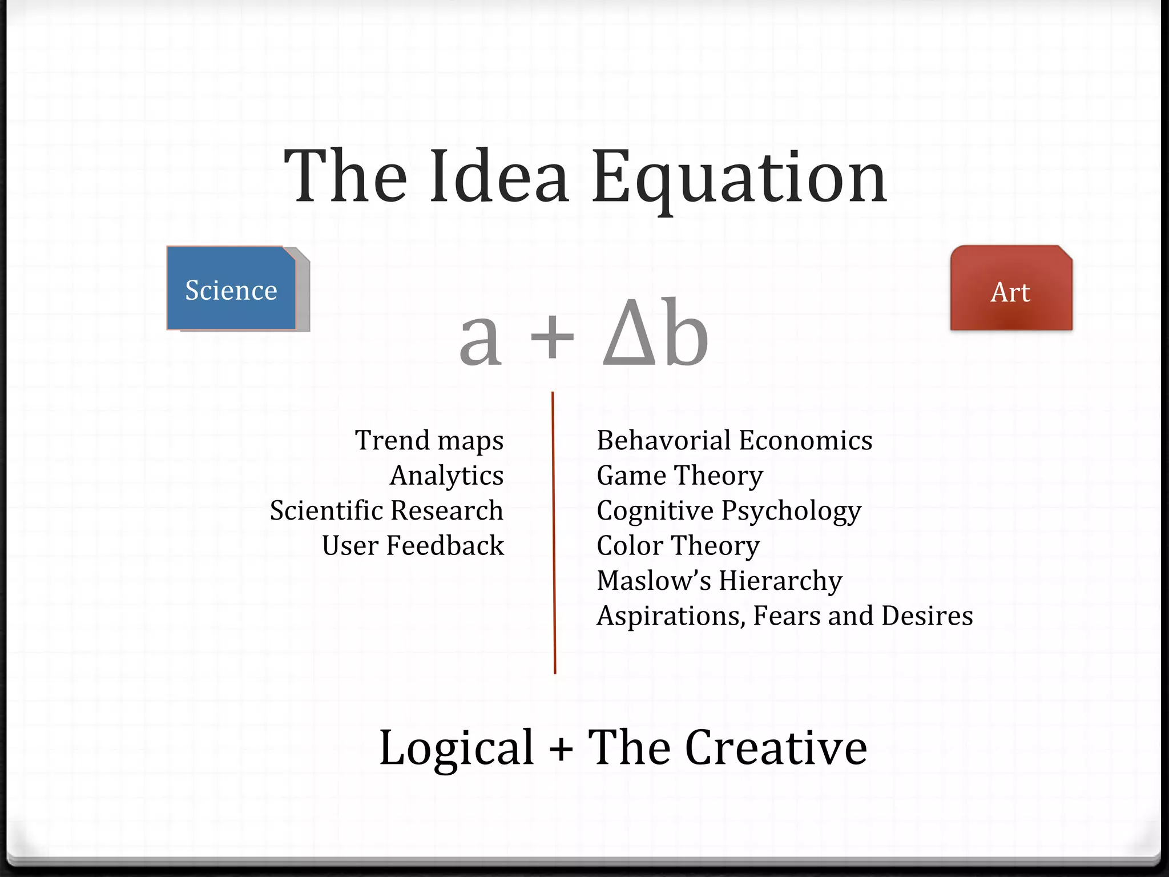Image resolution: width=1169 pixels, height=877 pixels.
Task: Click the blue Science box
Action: [231, 288]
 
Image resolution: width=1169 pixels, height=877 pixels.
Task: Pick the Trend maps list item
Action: [429, 441]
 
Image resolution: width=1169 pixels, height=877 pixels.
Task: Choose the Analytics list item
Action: [446, 476]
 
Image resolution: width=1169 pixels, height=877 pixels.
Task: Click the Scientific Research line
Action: [386, 510]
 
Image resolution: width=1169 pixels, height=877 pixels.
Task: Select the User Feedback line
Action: [413, 546]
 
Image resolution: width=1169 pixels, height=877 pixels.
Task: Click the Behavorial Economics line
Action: [734, 441]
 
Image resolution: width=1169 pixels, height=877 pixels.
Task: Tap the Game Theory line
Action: [679, 476]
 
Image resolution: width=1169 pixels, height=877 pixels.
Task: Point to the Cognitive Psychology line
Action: [728, 511]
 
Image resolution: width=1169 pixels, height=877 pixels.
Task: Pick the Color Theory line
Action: [678, 546]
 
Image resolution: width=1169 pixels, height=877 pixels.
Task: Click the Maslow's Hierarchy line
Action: [719, 581]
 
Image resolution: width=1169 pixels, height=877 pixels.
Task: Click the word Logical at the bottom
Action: [457, 748]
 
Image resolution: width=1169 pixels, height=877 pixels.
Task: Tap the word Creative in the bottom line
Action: [776, 748]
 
